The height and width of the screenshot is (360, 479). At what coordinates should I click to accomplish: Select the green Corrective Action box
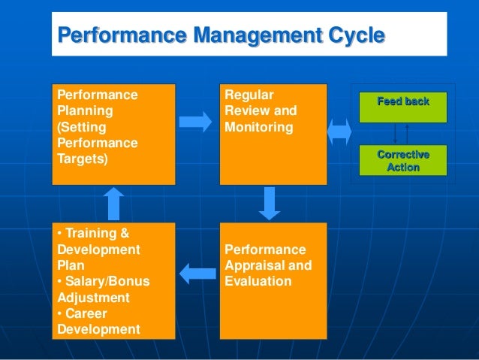[403, 161]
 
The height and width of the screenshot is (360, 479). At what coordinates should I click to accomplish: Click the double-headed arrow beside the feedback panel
[340, 130]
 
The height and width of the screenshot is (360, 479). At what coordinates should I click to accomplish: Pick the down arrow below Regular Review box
[269, 203]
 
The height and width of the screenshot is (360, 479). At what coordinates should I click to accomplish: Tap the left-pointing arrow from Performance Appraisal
[197, 271]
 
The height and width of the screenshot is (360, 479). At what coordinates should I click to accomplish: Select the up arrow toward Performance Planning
[113, 203]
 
